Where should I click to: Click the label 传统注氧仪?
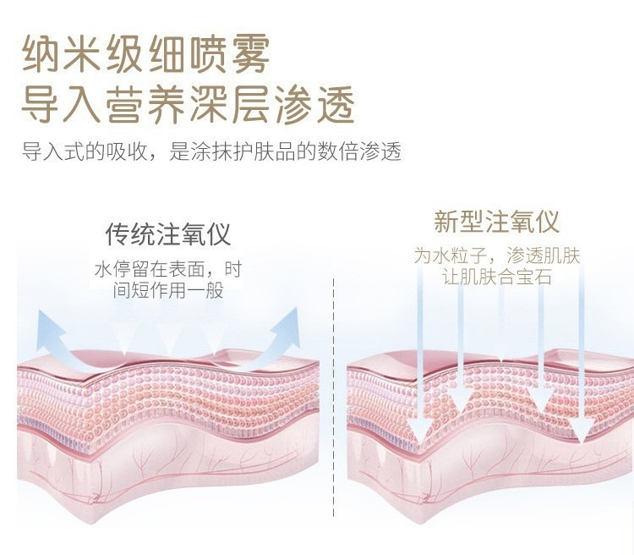[167, 234]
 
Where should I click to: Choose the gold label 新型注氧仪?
[497, 223]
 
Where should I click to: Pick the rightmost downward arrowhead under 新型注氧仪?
[581, 431]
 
